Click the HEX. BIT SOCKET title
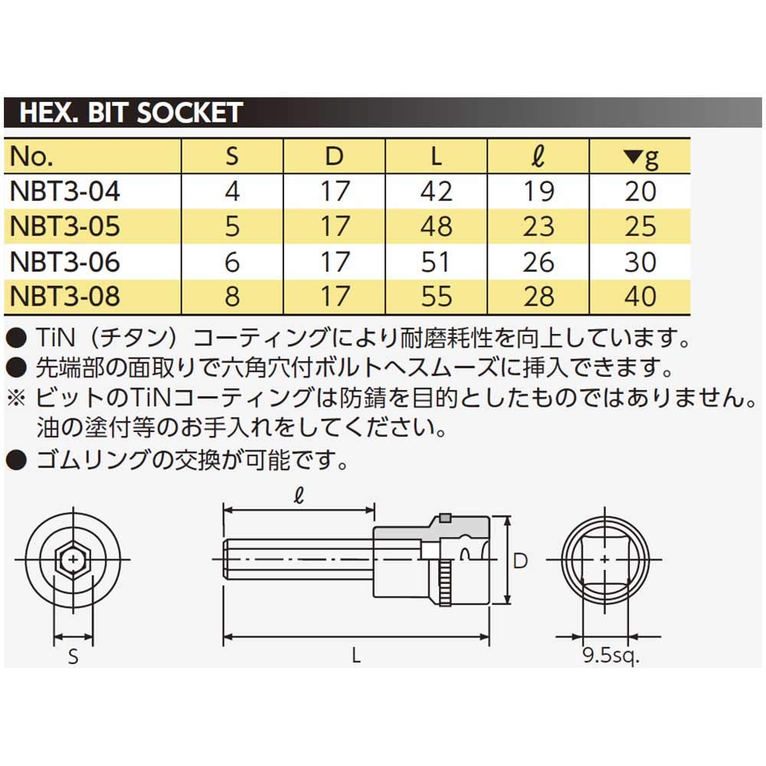pyautogui.click(x=130, y=113)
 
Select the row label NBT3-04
pyautogui.click(x=64, y=190)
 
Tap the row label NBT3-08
pyautogui.click(x=64, y=296)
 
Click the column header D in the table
pyautogui.click(x=335, y=156)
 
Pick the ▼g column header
pyautogui.click(x=640, y=157)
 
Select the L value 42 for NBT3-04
pyautogui.click(x=436, y=190)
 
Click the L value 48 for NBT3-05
pyautogui.click(x=436, y=226)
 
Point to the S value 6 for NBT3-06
pyautogui.click(x=232, y=261)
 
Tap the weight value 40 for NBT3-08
pyautogui.click(x=640, y=296)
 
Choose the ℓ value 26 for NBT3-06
pyautogui.click(x=538, y=261)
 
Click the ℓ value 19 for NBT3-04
pyautogui.click(x=538, y=190)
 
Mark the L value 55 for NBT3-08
pyautogui.click(x=436, y=296)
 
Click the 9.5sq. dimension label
pyautogui.click(x=610, y=656)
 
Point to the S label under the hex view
pyautogui.click(x=74, y=657)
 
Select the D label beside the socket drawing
pyautogui.click(x=520, y=561)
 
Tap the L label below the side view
pyautogui.click(x=356, y=656)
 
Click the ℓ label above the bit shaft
pyautogui.click(x=298, y=496)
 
